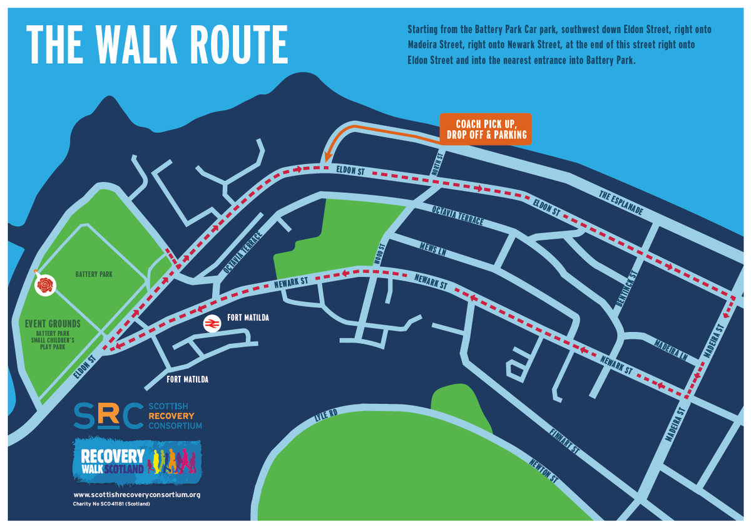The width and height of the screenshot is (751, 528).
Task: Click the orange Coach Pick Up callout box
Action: coord(486,129)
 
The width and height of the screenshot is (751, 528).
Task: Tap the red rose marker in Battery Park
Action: coord(46,286)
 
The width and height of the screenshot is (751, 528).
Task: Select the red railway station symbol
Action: coord(212,323)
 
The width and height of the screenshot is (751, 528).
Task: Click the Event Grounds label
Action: coord(53,324)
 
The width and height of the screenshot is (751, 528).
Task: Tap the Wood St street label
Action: coord(378,253)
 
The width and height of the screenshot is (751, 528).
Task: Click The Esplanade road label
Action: coord(621,204)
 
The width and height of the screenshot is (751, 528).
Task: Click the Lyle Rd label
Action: coord(325,418)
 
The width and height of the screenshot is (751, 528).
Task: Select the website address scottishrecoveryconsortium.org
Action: coord(136,495)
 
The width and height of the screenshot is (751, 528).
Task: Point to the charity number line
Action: coord(112,504)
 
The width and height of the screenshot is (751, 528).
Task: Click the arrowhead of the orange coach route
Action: coord(326,160)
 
